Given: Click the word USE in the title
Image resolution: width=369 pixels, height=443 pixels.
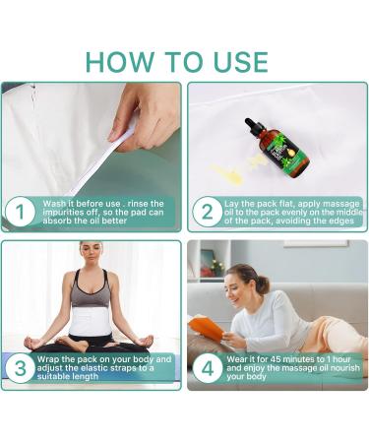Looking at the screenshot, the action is point(241,62).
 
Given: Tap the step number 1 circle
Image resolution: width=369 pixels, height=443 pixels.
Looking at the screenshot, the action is point(20,212).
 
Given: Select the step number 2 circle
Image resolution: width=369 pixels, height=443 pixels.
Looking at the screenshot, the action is point(207,212).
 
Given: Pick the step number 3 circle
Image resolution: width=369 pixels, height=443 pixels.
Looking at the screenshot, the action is point(20,367).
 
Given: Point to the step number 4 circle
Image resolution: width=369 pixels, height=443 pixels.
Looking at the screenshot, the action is point(207,367).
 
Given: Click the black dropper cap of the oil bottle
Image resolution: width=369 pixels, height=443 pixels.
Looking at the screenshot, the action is point(255,126).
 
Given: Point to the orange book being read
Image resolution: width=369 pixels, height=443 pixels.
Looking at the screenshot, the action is point(206,327).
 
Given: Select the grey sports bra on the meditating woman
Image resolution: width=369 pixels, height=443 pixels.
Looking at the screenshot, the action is point(91,289).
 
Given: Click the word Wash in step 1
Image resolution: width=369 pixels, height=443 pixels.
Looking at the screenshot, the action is point(54,204).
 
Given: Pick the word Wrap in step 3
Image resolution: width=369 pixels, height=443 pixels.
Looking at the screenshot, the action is point(48,359).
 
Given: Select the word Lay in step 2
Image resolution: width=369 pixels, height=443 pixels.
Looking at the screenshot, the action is point(231,204).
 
